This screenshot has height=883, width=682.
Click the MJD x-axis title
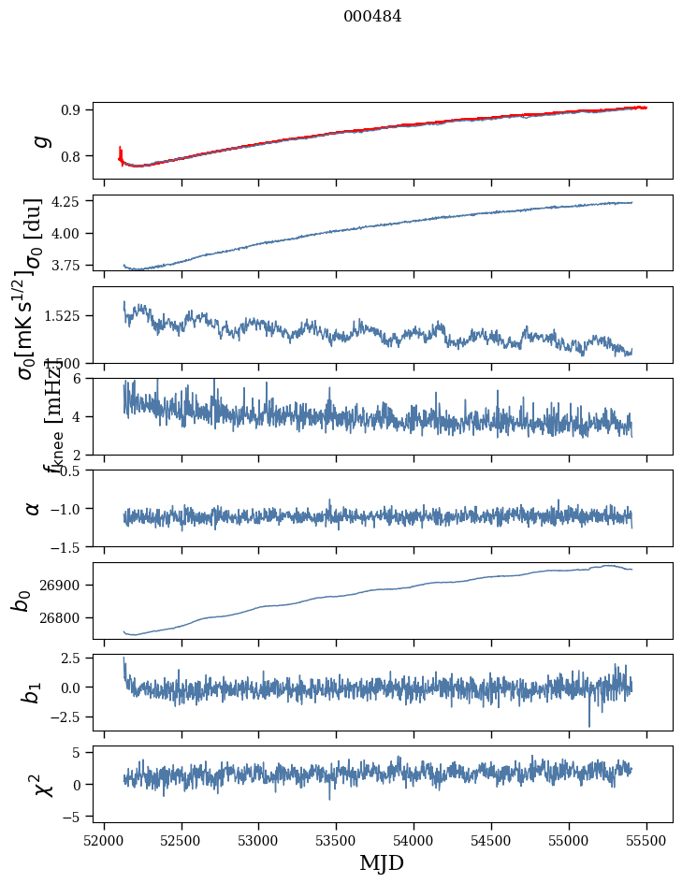(x=382, y=862)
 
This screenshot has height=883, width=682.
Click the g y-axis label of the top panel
(x=39, y=140)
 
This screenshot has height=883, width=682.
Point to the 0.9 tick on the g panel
(x=77, y=109)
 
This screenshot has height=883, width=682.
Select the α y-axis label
(x=34, y=508)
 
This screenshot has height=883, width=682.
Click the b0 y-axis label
(x=22, y=601)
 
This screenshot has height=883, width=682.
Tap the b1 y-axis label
(x=32, y=692)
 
